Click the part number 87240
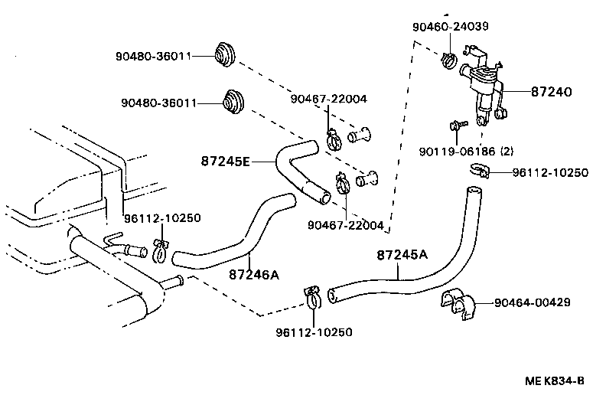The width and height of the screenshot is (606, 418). tap(551, 92)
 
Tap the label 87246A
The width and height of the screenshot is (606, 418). tap(253, 274)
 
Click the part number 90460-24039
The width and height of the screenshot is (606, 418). tap(450, 26)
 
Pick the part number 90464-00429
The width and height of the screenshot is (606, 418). tap(532, 302)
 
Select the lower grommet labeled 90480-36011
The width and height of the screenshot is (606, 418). tap(232, 102)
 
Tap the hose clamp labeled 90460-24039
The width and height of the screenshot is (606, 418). tap(449, 58)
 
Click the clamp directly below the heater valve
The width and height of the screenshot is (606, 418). tap(476, 171)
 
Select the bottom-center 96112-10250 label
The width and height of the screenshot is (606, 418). tap(314, 332)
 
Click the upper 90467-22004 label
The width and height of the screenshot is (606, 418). tap(328, 99)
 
